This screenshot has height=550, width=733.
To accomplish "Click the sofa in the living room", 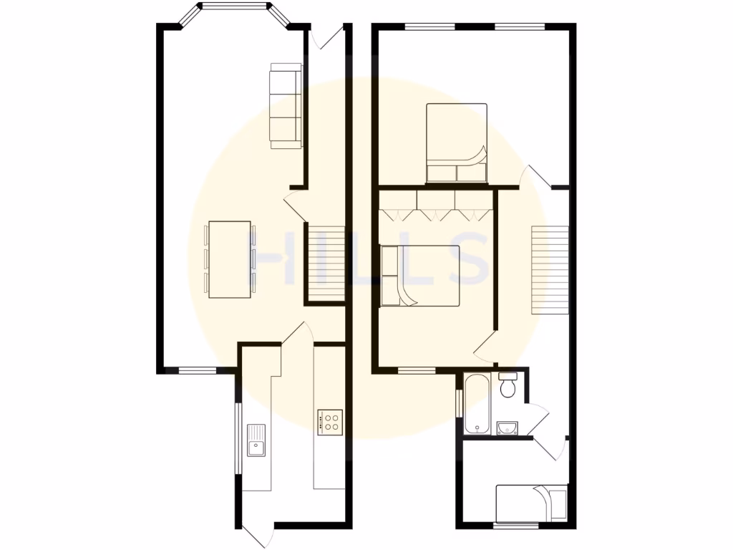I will pyautogui.click(x=285, y=106).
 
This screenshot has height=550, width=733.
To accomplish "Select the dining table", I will pyautogui.click(x=229, y=259).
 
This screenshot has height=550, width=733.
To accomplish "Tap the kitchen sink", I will pyautogui.click(x=256, y=439).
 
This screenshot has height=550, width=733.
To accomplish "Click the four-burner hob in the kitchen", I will pyautogui.click(x=330, y=421).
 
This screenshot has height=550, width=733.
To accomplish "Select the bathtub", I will pyautogui.click(x=476, y=404).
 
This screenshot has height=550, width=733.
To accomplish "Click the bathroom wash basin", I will pyautogui.click(x=507, y=428).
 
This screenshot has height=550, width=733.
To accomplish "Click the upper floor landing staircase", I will pyautogui.click(x=549, y=269).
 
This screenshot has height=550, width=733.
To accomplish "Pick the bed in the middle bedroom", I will pyautogui.click(x=420, y=276).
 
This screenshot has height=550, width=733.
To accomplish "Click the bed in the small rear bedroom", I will pyautogui.click(x=531, y=503).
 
